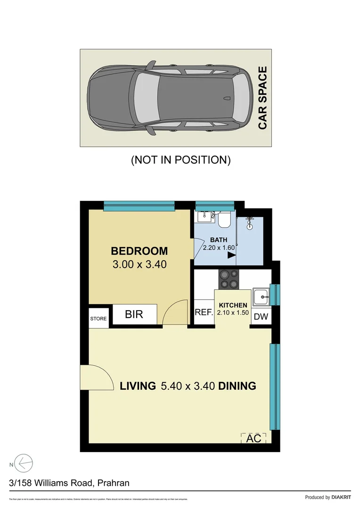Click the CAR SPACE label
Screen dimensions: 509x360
tap(262, 98)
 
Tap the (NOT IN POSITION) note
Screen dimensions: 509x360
tap(180, 160)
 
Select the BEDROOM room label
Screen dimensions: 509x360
tap(139, 251)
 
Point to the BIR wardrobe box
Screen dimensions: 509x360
tap(134, 314)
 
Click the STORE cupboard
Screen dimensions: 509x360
tap(98, 319)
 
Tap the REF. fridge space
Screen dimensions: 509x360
tap(204, 312)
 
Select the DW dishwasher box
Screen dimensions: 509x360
tap(261, 317)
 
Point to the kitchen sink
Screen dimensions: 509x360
tap(260, 297)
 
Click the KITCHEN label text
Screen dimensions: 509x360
tap(233, 305)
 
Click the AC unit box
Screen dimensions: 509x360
tap(254, 438)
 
